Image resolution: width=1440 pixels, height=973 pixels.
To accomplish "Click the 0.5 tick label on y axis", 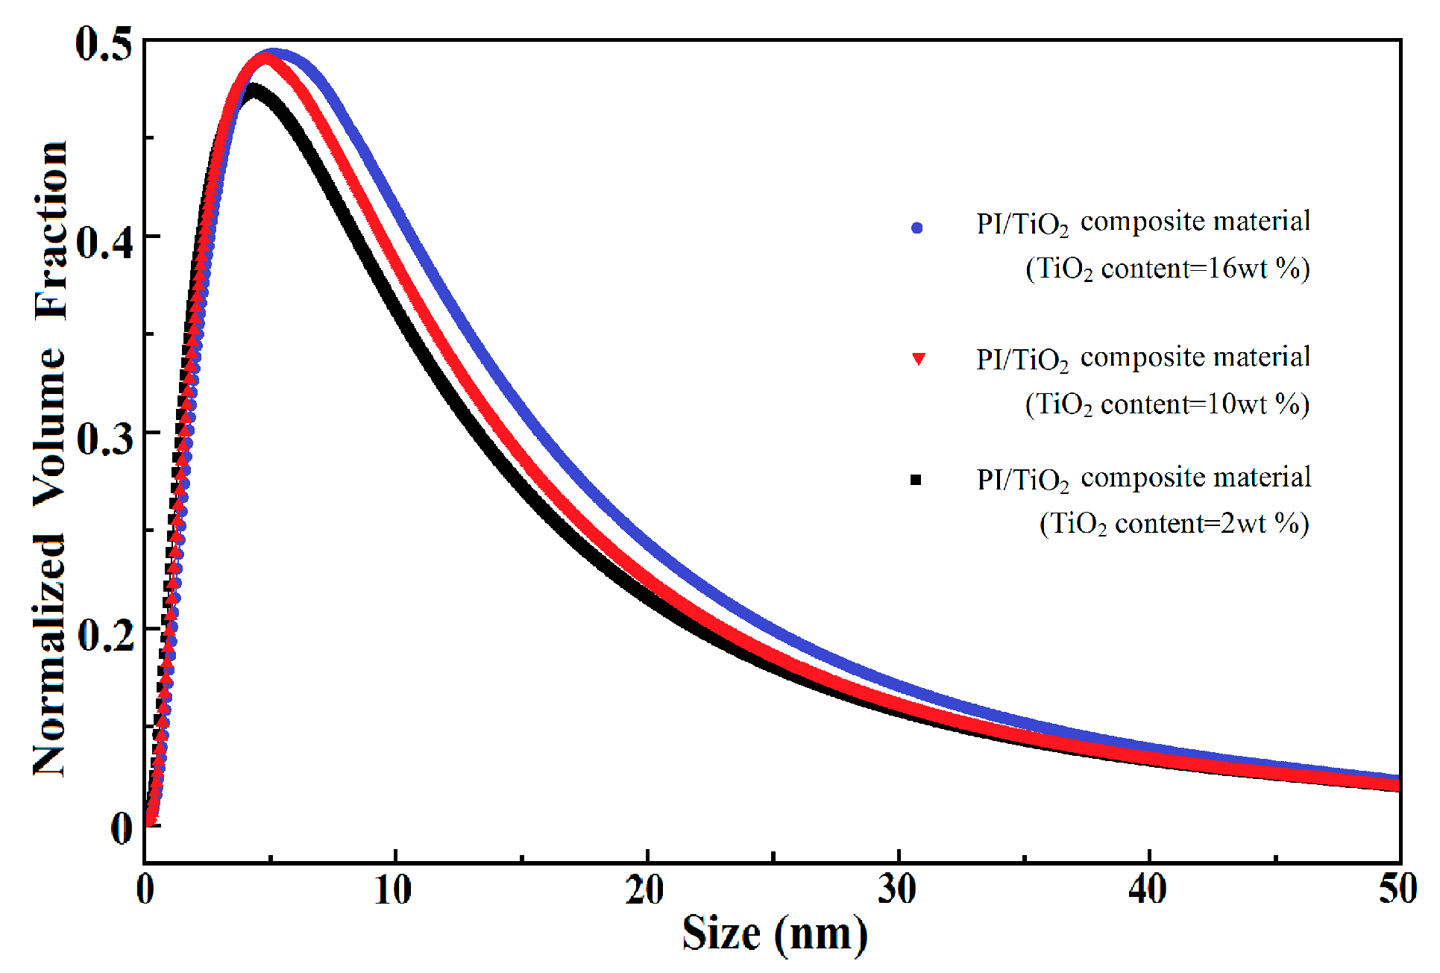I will (x=104, y=44).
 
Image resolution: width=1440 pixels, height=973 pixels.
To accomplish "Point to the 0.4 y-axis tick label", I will (x=105, y=242).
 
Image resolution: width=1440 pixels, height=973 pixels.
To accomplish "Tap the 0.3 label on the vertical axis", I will (x=105, y=439).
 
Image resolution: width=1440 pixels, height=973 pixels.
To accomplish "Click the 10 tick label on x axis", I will (x=393, y=890).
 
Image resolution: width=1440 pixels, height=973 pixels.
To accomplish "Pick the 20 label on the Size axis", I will (x=645, y=890).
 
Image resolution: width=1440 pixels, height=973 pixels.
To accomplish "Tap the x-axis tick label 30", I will (x=896, y=890).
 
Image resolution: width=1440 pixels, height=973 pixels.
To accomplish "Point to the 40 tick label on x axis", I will (x=1148, y=890).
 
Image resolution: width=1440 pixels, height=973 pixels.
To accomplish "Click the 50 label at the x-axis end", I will (x=1397, y=890).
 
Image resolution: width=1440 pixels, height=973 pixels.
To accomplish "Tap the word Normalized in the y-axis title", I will (x=51, y=656).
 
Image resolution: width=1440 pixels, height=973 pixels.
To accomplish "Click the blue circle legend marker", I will (x=917, y=228).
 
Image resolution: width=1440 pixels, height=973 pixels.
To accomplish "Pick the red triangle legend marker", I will (x=919, y=359).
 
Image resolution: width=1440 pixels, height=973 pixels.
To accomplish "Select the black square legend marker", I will (x=916, y=480).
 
